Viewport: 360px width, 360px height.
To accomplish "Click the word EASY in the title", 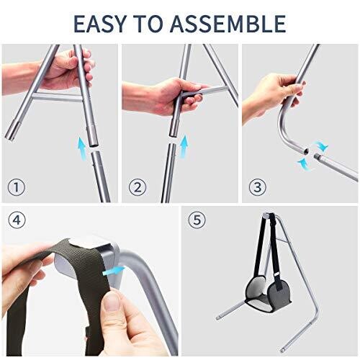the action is tap(99, 24).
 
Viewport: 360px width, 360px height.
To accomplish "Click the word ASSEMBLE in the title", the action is tap(228, 24).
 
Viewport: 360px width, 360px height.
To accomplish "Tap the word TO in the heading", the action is tap(148, 24).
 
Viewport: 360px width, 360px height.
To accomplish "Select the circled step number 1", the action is tap(17, 187).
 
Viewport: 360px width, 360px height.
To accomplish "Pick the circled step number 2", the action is tap(138, 187).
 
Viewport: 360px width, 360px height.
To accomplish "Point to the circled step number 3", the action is tap(258, 187).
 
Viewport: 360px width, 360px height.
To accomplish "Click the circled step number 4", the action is tap(17, 220).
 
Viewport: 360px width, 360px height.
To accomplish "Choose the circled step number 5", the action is tap(197, 220).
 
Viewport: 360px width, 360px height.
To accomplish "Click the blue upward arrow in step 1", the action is tap(81, 148).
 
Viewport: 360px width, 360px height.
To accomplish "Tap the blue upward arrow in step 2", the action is tap(184, 146).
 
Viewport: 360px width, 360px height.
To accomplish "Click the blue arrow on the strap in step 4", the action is tap(113, 271).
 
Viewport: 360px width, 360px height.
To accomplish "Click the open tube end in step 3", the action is tap(306, 151).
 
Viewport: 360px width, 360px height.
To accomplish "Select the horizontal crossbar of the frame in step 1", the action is tap(57, 97).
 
